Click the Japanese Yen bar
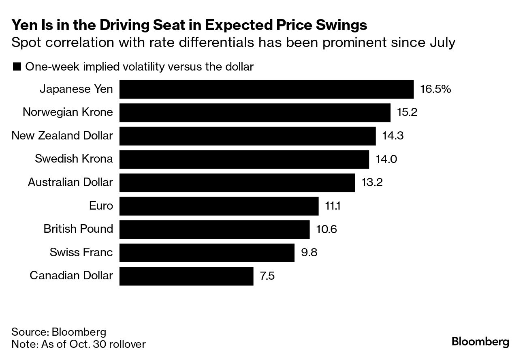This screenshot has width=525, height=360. tap(266, 89)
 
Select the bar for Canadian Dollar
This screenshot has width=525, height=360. tap(186, 276)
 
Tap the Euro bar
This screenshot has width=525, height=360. tap(219, 206)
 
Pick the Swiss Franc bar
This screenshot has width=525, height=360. tap(207, 253)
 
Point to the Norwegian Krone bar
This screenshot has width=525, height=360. tap(255, 112)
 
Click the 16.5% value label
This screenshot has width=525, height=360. tap(435, 89)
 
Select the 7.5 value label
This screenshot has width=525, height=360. tap(267, 276)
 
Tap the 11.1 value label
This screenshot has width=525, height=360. tap(332, 206)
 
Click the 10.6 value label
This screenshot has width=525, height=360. tap(326, 229)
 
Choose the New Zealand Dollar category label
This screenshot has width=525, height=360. tap(62, 135)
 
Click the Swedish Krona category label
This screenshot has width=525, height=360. tap(74, 159)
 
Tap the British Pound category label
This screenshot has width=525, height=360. tap(78, 229)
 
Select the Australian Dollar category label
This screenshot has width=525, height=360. tap(70, 182)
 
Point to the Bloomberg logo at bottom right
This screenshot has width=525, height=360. tap(480, 341)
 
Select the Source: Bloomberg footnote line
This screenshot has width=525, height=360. tap(59, 332)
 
